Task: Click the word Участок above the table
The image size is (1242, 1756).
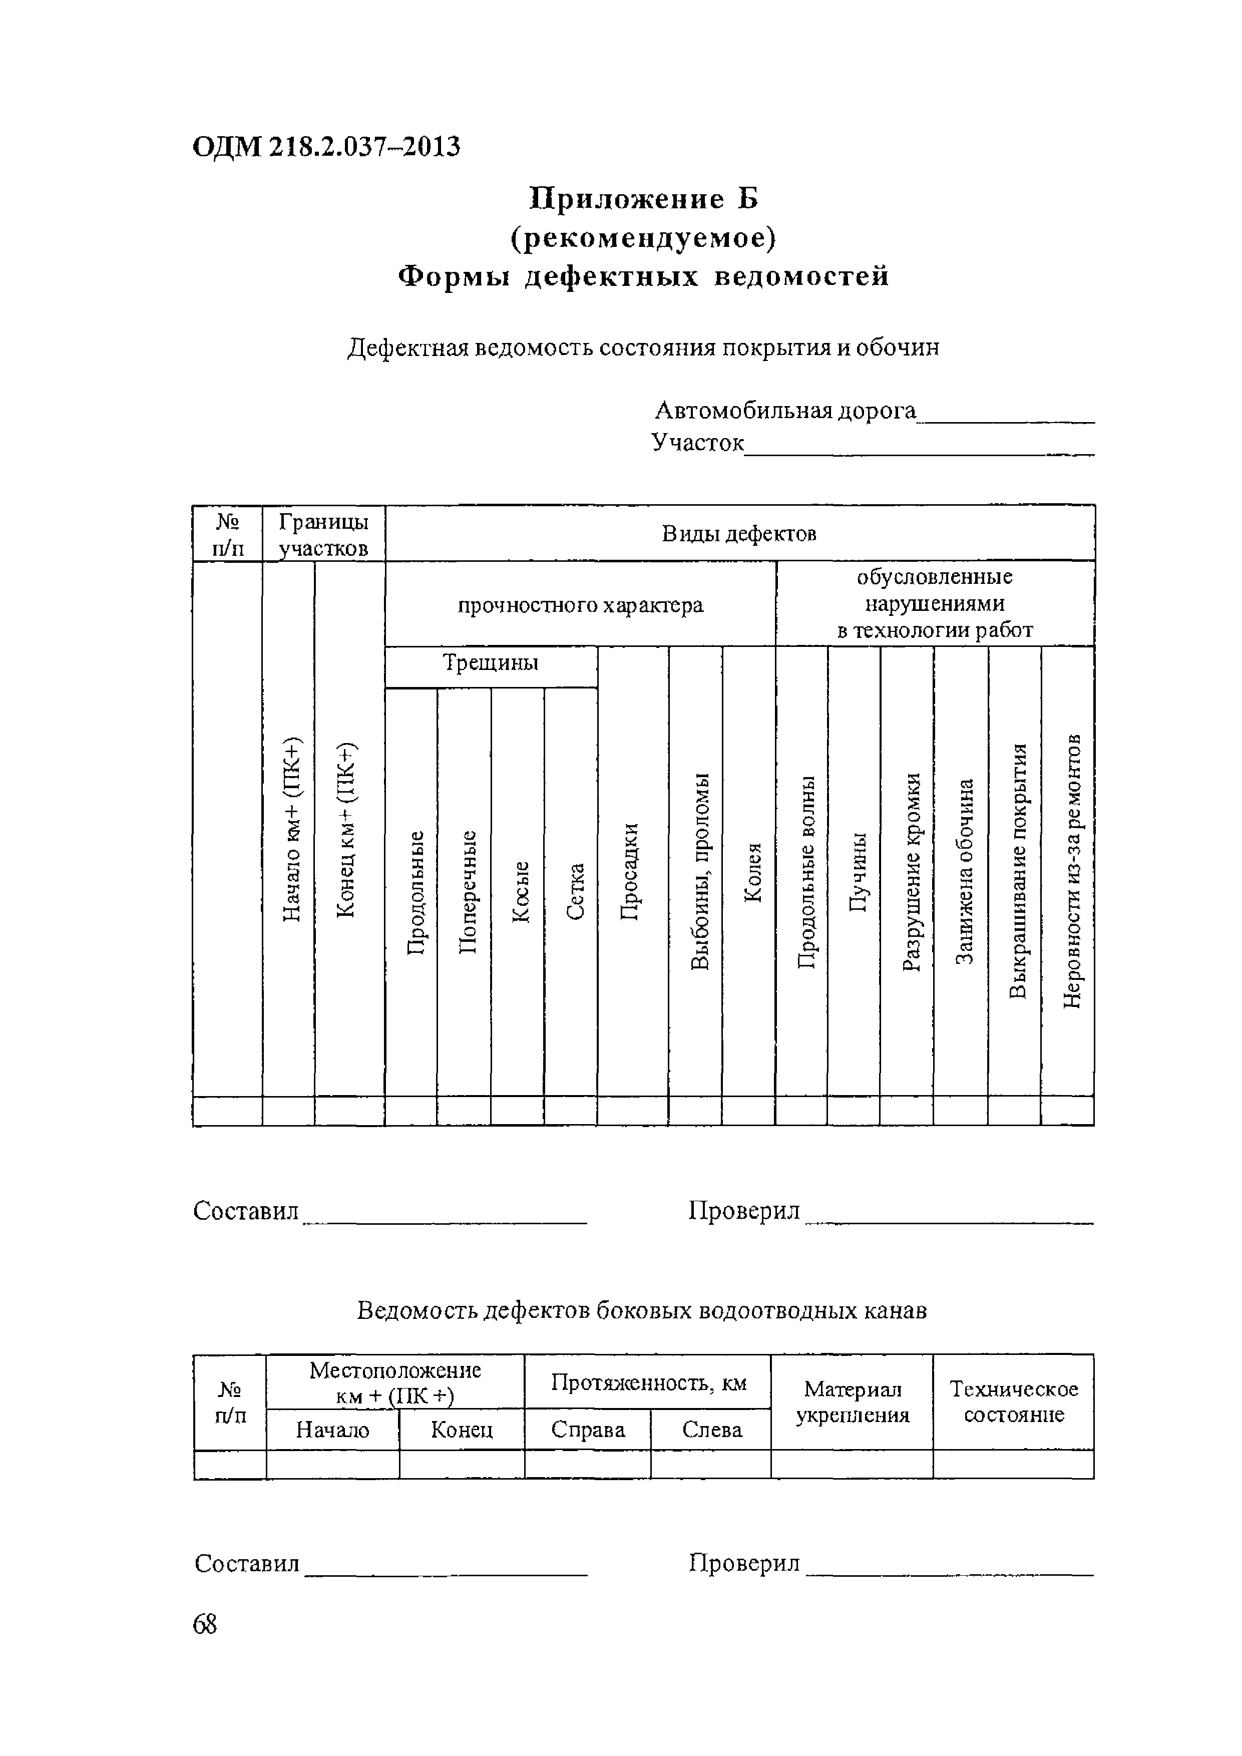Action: coord(697,442)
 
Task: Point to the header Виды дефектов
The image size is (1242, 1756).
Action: coord(739,533)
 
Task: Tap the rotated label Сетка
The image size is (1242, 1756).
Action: coord(575,892)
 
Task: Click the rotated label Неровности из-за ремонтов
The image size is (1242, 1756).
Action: coord(1072,872)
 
